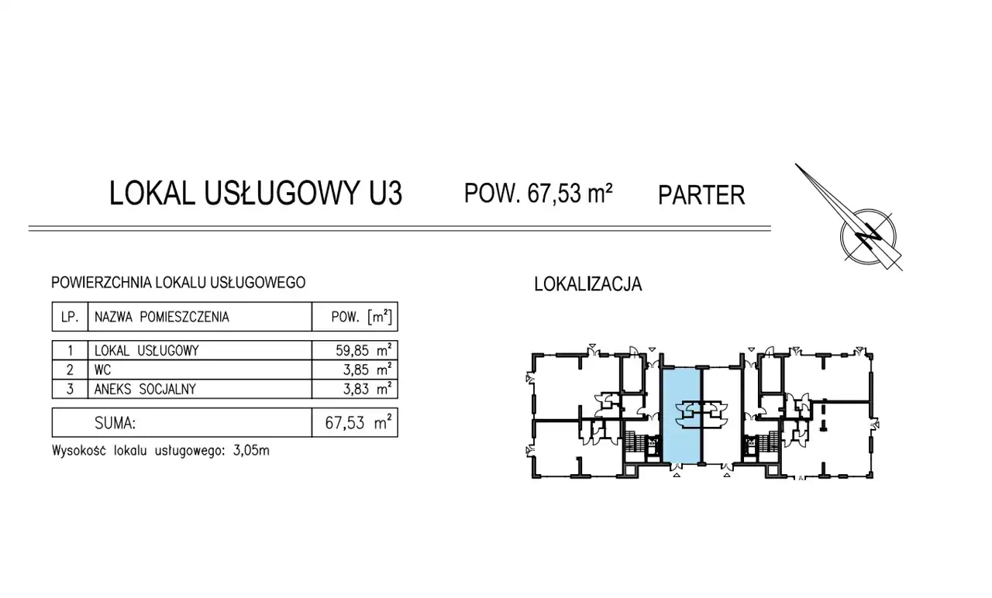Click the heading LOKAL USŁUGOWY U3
[x=256, y=193]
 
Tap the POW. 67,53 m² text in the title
[x=538, y=193]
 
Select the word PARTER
[x=701, y=195]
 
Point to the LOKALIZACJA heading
[x=588, y=284]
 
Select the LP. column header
[x=70, y=317]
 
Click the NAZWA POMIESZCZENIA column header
[x=162, y=317]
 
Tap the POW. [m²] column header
[x=361, y=317]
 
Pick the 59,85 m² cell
[x=363, y=351]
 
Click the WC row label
[x=103, y=369]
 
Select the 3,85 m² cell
[x=367, y=369]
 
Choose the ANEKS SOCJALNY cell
[x=145, y=389]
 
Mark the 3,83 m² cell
[x=367, y=389]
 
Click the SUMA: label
[x=115, y=423]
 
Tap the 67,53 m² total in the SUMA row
[x=358, y=423]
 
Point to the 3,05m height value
[x=250, y=451]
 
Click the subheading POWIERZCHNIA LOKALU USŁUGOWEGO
[x=178, y=283]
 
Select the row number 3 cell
[x=70, y=389]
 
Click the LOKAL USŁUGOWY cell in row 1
[x=146, y=351]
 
